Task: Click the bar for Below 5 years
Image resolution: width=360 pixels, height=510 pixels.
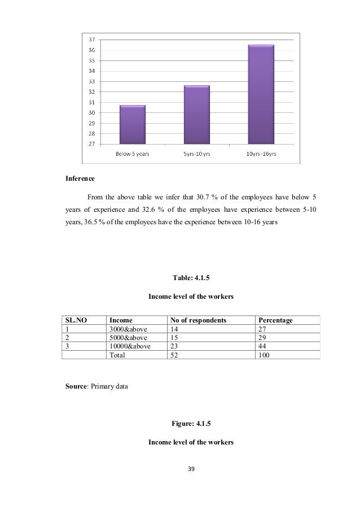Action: tap(132, 125)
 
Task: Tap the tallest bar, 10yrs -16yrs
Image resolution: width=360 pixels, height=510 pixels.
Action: tap(261, 94)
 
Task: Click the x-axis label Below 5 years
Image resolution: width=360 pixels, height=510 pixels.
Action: tap(133, 155)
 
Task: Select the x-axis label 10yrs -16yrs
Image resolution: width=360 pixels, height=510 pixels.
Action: tap(261, 155)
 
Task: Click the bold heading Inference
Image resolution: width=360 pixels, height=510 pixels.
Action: tap(80, 179)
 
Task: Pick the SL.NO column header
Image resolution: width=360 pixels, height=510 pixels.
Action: tap(76, 320)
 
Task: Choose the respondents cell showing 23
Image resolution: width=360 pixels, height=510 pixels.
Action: tap(173, 347)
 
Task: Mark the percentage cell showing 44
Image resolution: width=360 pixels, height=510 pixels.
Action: tap(260, 347)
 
